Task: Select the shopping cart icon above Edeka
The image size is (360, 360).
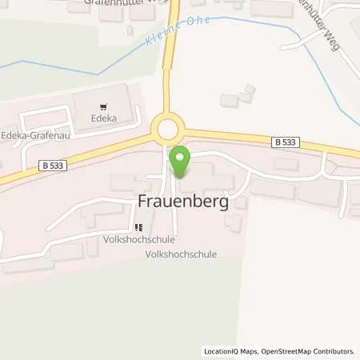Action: [x=103, y=106]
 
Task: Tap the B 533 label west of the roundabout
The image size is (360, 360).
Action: [x=50, y=165]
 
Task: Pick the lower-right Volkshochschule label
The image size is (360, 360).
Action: [x=182, y=254]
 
